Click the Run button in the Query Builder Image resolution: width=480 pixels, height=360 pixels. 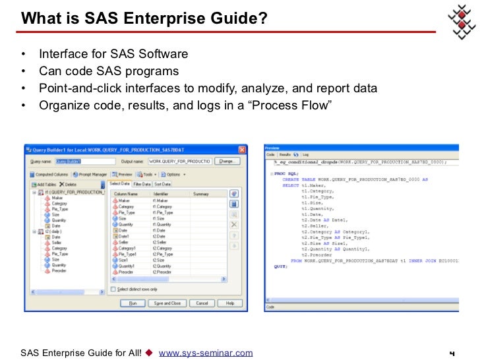click(x=132, y=303)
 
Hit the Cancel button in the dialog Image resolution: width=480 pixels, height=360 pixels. click(x=202, y=303)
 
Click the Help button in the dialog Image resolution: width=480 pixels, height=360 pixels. click(x=229, y=303)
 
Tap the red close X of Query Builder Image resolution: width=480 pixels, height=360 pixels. click(x=241, y=150)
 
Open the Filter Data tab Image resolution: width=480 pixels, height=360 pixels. click(x=142, y=184)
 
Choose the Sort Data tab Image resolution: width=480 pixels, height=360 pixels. click(x=162, y=184)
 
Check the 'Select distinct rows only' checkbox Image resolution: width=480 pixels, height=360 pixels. click(x=113, y=289)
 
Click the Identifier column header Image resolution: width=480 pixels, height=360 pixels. click(x=162, y=194)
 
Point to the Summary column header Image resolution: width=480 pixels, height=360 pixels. click(x=200, y=194)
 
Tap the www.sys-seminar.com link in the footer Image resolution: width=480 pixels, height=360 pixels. click(x=206, y=353)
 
